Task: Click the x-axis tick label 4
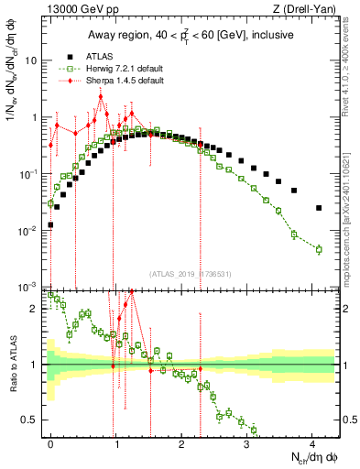click(312, 442)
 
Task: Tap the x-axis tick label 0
click(50, 442)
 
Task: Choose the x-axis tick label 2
click(181, 442)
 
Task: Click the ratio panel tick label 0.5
click(34, 420)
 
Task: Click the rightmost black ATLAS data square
click(319, 208)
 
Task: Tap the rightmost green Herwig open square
click(319, 249)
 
